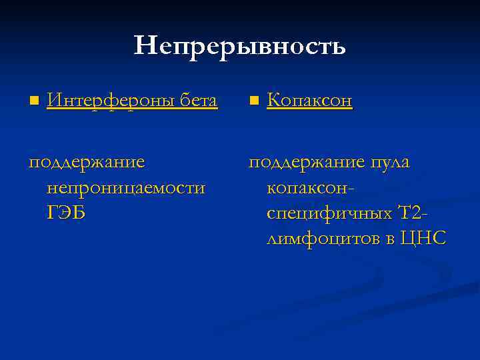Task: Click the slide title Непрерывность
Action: click(240, 46)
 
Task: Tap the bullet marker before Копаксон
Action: click(253, 101)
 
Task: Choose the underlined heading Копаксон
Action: click(309, 101)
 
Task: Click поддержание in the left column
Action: click(87, 163)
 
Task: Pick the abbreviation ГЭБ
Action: click(67, 213)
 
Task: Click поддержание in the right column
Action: click(307, 163)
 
